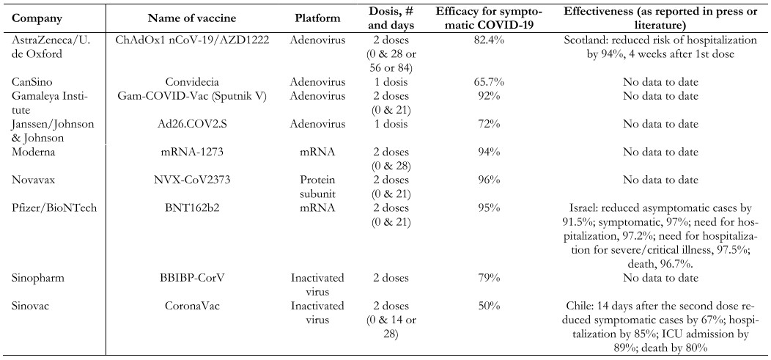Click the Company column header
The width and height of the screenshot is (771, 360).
pyautogui.click(x=37, y=18)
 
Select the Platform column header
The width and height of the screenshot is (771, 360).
pyautogui.click(x=317, y=18)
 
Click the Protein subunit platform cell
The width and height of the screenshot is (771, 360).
pyautogui.click(x=317, y=187)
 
